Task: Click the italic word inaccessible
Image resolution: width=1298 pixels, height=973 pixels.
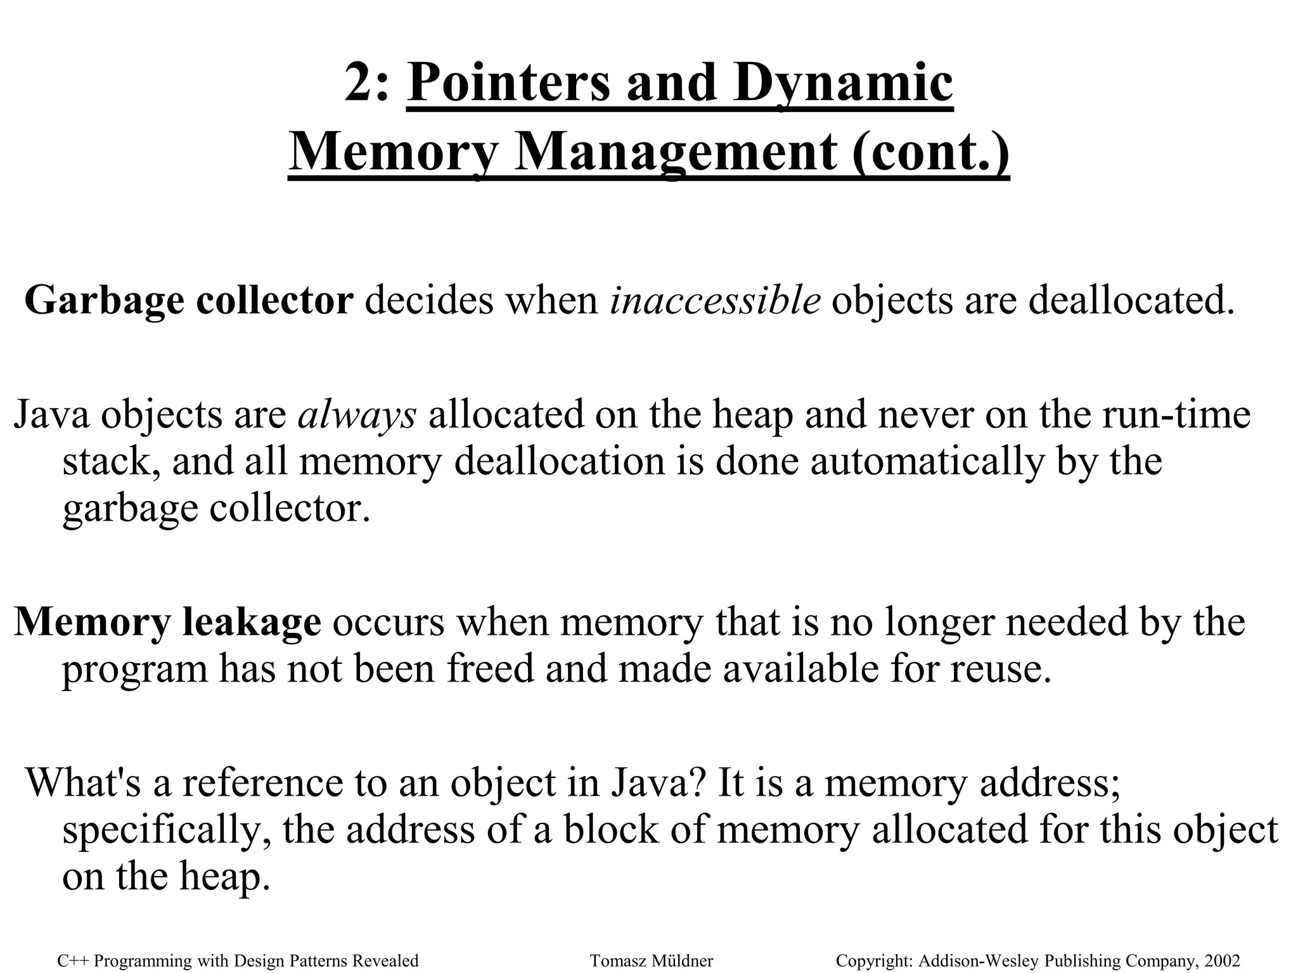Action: [x=715, y=300]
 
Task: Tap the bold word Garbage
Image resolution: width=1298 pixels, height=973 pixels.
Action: [x=104, y=300]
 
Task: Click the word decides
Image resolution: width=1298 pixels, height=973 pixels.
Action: [x=428, y=300]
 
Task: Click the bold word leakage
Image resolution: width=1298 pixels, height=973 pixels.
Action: [x=252, y=621]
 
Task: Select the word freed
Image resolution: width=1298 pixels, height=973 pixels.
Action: [x=490, y=669]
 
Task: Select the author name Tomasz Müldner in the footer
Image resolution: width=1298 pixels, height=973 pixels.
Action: [x=652, y=961]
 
